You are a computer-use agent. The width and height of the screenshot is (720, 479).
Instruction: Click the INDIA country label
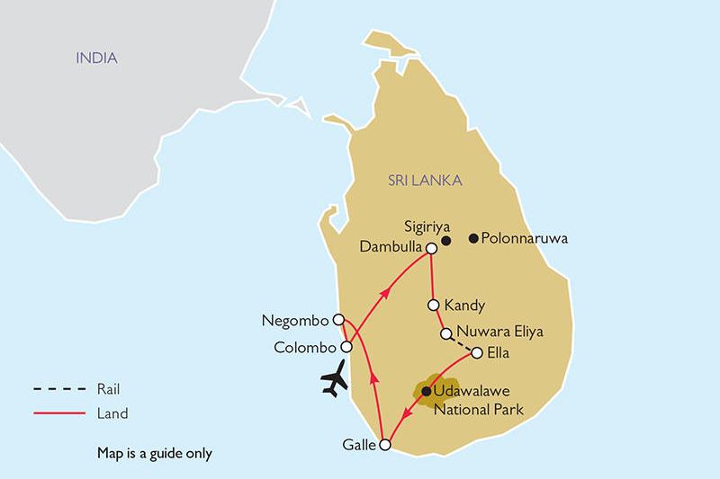pyautogui.click(x=96, y=58)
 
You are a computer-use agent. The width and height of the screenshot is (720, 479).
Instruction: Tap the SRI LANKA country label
pyautogui.click(x=425, y=181)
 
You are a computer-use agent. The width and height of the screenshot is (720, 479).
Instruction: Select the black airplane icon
pyautogui.click(x=335, y=379)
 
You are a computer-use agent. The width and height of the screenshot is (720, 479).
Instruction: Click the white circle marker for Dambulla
pyautogui.click(x=431, y=248)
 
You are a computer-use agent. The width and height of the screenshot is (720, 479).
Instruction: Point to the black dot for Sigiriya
pyautogui.click(x=446, y=240)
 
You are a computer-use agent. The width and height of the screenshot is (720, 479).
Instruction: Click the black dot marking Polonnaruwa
pyautogui.click(x=473, y=239)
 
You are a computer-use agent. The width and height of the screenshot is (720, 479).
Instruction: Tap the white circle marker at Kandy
pyautogui.click(x=434, y=305)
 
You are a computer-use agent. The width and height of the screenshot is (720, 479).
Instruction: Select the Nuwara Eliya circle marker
pyautogui.click(x=445, y=333)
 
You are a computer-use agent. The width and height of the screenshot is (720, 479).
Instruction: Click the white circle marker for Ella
pyautogui.click(x=477, y=352)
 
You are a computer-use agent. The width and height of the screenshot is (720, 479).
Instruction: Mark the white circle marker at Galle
pyautogui.click(x=385, y=445)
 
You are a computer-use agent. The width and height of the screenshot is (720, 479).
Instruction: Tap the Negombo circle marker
pyautogui.click(x=338, y=319)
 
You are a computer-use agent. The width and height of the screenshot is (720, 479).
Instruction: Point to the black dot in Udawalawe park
pyautogui.click(x=427, y=391)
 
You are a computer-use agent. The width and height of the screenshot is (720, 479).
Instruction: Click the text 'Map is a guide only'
pyautogui.click(x=154, y=453)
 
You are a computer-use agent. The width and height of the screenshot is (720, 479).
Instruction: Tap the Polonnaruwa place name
pyautogui.click(x=526, y=239)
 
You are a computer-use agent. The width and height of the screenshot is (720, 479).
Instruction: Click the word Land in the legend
pyautogui.click(x=112, y=414)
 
